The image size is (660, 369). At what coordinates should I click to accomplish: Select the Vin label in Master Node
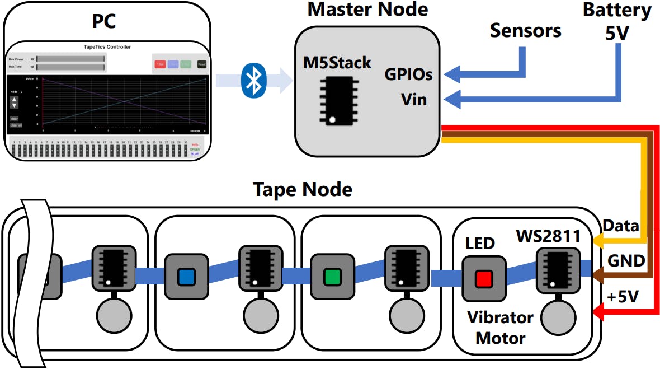click(414, 100)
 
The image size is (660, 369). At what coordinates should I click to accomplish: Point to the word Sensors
click(525, 30)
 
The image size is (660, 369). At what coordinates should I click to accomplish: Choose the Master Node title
click(367, 9)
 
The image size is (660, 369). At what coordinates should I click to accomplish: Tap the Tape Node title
click(303, 189)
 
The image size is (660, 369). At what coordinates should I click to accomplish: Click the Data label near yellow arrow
click(620, 226)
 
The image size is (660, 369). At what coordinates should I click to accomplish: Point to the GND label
click(626, 260)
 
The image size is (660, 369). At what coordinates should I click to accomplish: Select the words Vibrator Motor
click(500, 328)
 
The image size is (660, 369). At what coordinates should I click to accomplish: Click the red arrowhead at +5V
click(598, 316)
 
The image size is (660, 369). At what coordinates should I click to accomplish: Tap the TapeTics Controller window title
click(107, 47)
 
